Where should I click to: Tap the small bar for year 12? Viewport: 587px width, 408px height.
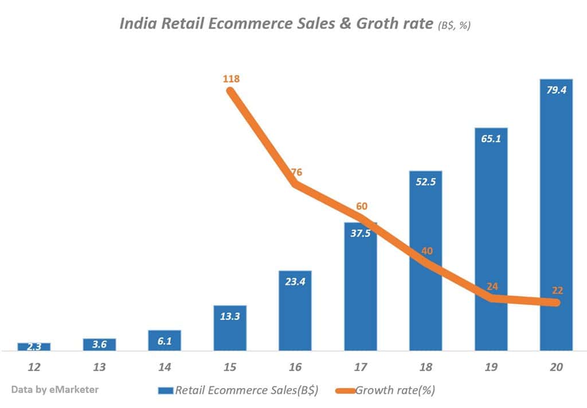[34, 347]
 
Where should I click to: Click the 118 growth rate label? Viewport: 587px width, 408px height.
[231, 79]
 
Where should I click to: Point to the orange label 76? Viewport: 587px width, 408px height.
[296, 172]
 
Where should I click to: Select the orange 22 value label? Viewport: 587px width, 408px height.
[558, 291]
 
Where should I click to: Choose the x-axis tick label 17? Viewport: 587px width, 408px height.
[361, 367]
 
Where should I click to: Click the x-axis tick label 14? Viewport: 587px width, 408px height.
[165, 367]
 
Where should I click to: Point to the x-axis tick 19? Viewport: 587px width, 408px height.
[491, 367]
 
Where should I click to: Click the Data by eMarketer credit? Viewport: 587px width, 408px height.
[54, 389]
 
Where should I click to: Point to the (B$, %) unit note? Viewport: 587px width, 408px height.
[453, 25]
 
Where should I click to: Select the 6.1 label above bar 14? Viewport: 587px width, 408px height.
[165, 340]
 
